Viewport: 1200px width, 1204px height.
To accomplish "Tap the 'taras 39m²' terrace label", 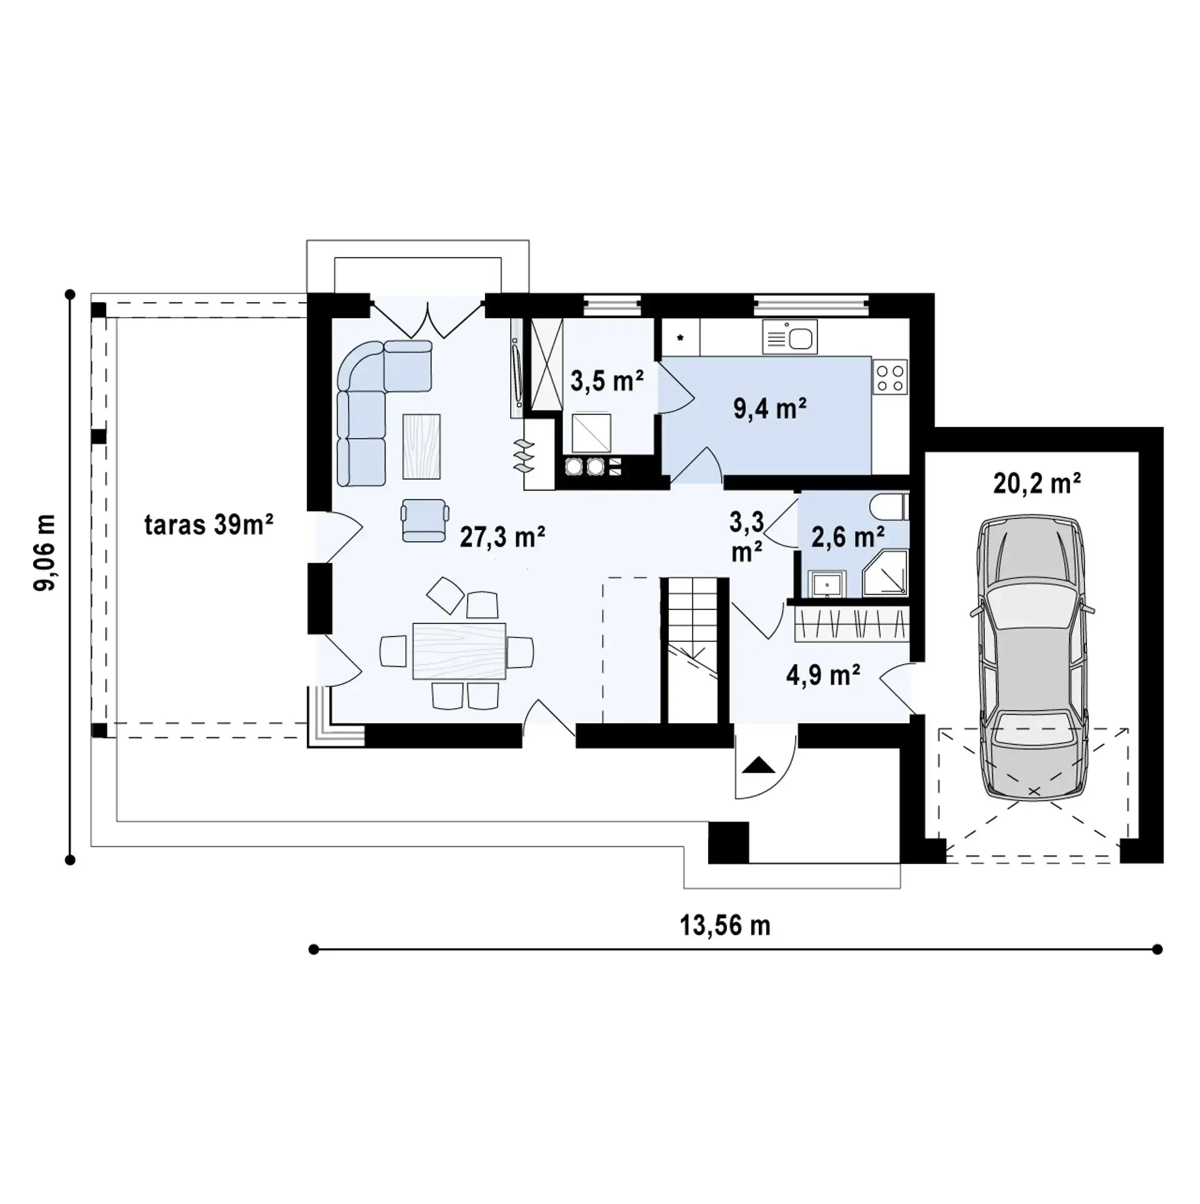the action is pos(209,525).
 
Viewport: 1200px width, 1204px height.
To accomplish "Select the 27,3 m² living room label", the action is pos(502,536).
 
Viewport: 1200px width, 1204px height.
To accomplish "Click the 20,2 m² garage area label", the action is pos(1037,483).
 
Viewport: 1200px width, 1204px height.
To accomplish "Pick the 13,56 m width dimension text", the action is pos(725,925).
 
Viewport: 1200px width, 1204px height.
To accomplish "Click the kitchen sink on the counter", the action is pos(789,338).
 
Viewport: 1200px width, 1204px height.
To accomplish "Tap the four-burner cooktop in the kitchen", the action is pos(891,376).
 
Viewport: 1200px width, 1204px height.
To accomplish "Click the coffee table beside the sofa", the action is pos(421,446).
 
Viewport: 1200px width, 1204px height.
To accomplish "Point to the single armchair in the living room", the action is pos(425,520).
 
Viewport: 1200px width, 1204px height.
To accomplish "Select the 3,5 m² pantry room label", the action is pos(607,380).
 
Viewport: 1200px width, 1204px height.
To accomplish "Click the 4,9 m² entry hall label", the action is pos(823,675).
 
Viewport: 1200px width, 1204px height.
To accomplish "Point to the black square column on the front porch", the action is pos(728,842).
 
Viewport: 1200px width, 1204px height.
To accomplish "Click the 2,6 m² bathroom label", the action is pos(847,536).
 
